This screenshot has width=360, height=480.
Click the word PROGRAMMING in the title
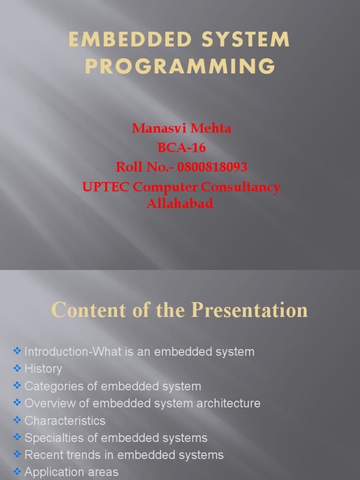click(180, 66)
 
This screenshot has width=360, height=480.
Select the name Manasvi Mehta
click(181, 128)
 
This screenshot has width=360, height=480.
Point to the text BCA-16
click(181, 148)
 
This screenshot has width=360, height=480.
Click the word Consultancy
click(240, 187)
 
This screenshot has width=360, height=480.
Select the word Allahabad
click(180, 203)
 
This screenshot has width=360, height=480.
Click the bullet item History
click(43, 369)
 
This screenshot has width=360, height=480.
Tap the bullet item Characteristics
click(65, 420)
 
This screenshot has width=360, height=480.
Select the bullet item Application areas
click(71, 472)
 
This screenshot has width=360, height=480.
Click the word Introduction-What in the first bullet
click(68, 352)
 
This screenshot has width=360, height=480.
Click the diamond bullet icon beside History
click(17, 368)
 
